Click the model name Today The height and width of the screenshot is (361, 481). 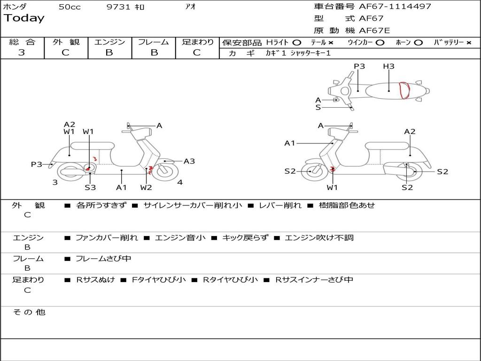[24, 18]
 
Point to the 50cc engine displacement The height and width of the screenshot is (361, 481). [70, 7]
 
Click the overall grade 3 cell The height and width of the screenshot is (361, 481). [22, 53]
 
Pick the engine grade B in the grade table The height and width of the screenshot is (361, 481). [109, 53]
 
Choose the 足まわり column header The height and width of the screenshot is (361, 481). [197, 42]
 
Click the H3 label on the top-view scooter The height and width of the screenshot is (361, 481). [388, 66]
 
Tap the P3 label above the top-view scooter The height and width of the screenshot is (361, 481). [359, 66]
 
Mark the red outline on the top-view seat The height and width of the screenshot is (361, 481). [404, 90]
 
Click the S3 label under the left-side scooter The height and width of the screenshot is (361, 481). [90, 188]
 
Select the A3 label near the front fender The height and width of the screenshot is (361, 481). [189, 161]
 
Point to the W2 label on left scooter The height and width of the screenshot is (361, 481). [146, 188]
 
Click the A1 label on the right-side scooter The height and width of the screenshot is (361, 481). [289, 143]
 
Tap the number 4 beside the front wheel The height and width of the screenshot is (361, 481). [180, 182]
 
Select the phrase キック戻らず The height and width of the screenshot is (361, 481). [245, 238]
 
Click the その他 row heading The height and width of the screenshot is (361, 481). [29, 312]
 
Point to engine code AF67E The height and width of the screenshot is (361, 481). [374, 31]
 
